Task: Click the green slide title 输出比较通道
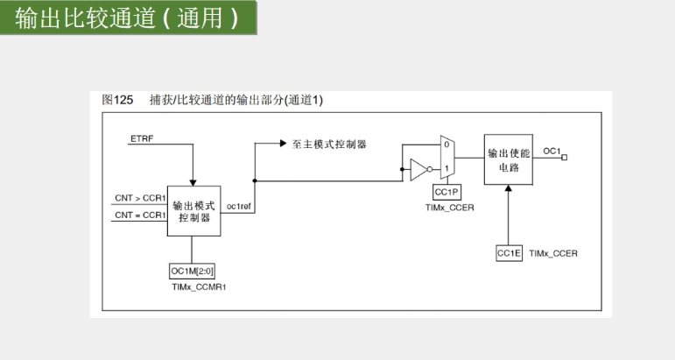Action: click(85, 18)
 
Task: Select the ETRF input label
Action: click(142, 138)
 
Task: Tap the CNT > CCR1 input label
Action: click(140, 198)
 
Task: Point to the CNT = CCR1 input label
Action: click(140, 215)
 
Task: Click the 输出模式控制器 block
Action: click(194, 211)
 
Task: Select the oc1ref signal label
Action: click(238, 207)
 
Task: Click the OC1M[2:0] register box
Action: click(192, 272)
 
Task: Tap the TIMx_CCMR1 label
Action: click(199, 286)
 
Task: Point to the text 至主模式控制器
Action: click(329, 145)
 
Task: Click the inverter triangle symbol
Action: click(418, 170)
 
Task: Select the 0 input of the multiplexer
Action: click(446, 145)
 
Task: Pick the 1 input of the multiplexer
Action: click(446, 168)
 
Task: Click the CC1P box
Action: click(446, 192)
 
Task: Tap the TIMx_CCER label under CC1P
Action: click(449, 208)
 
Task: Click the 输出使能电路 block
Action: click(509, 159)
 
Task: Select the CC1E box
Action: click(509, 253)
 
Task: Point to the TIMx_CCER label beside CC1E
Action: click(553, 254)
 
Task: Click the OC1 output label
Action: click(552, 152)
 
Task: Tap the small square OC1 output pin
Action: click(565, 158)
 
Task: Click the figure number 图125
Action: click(117, 100)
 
